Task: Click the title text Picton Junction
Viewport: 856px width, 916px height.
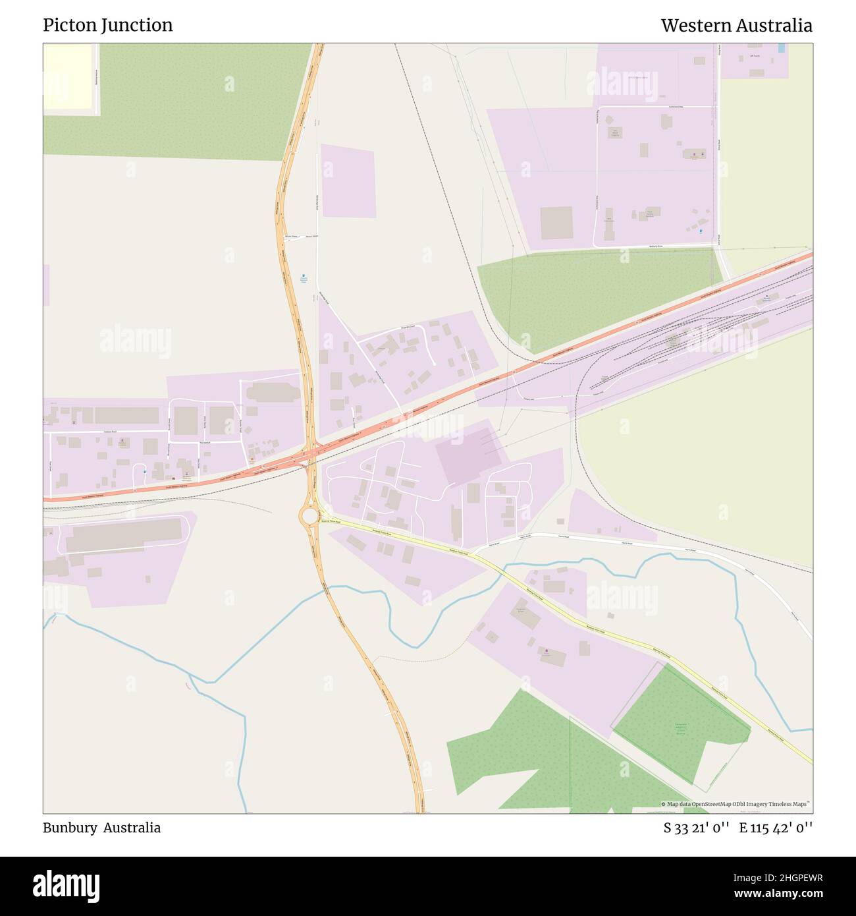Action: pos(108,25)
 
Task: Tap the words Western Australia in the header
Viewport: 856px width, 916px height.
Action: pos(736,26)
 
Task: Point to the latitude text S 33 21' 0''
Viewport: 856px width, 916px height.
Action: pos(696,828)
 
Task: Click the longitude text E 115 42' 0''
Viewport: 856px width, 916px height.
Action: pos(776,828)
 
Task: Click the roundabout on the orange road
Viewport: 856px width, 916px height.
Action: pos(309,515)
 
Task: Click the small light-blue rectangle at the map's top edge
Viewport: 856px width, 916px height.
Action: pos(782,48)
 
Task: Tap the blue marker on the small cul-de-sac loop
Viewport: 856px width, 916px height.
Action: pos(144,472)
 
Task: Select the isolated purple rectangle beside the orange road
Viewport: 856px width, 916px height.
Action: pos(348,181)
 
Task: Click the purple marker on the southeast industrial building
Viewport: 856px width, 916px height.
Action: pos(546,652)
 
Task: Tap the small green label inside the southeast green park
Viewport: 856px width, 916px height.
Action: pos(681,728)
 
